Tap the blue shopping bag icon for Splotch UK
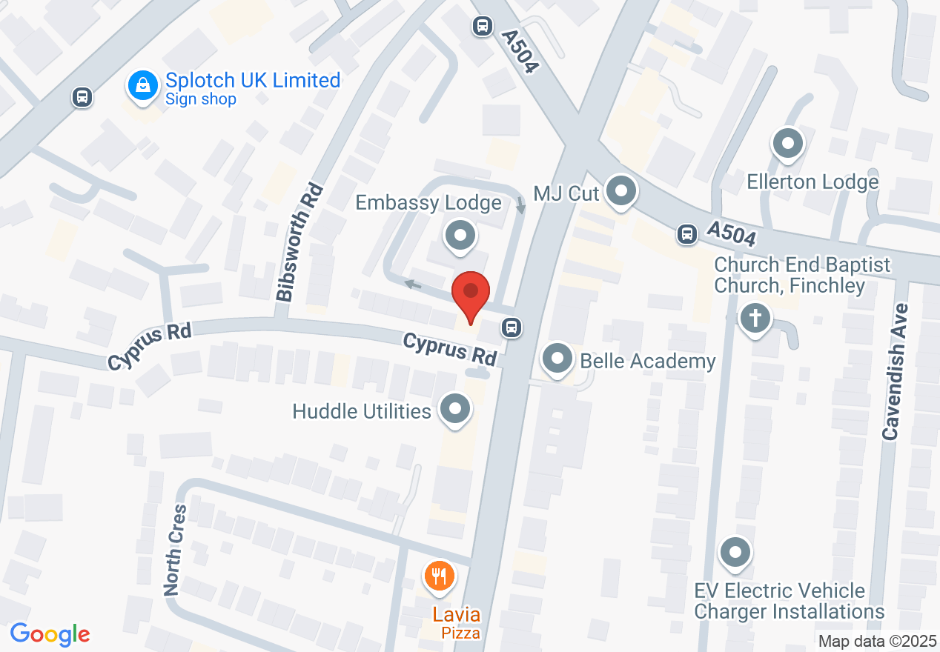[x=143, y=85]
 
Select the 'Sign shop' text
[x=200, y=99]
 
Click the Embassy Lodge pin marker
[x=460, y=236]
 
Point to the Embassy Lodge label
[x=428, y=202]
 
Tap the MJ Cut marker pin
[x=621, y=192]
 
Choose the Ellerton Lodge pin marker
[x=788, y=143]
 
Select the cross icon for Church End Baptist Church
[x=755, y=320]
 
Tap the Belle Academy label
[x=648, y=361]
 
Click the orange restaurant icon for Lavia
[x=440, y=575]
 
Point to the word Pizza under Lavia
[x=460, y=633]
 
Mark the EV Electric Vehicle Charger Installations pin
[x=735, y=552]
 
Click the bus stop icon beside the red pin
[x=510, y=327]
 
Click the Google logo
[x=50, y=634]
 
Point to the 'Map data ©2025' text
[x=877, y=641]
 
